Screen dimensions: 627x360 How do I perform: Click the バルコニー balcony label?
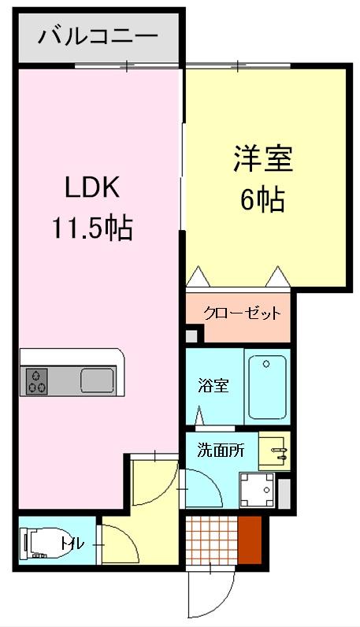(98, 36)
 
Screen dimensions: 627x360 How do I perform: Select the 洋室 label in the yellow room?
(262, 158)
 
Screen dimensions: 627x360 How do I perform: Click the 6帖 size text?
(262, 200)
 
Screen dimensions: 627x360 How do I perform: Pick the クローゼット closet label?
(242, 313)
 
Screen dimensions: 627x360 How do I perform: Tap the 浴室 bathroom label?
(213, 387)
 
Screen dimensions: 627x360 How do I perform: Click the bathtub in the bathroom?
(266, 387)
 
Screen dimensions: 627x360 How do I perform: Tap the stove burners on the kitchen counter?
(36, 380)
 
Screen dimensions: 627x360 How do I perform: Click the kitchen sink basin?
(97, 380)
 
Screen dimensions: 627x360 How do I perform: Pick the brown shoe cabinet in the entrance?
(250, 540)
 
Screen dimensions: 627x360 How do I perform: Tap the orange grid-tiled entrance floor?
(211, 540)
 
